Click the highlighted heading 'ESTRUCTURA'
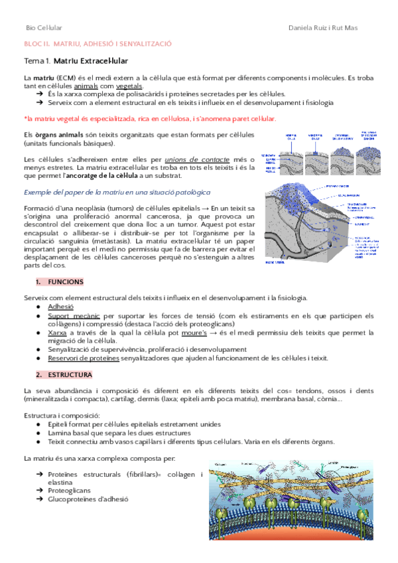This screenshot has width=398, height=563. pos(66,374)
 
